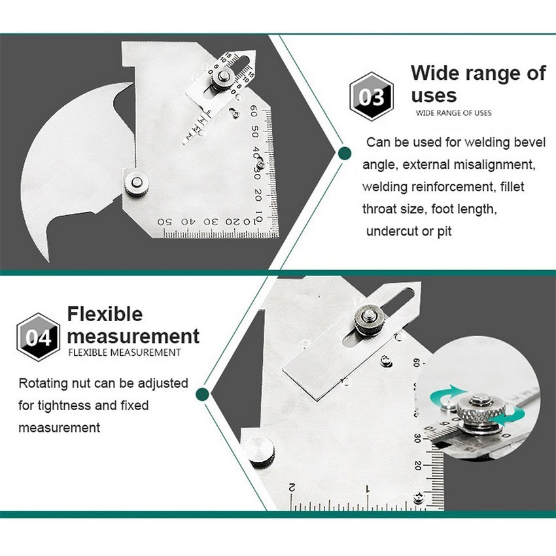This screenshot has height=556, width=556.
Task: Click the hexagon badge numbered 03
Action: click(372, 96)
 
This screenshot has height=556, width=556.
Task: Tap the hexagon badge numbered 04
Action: click(39, 338)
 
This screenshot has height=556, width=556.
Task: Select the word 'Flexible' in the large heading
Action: click(105, 314)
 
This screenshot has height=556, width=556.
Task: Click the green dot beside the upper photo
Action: click(344, 154)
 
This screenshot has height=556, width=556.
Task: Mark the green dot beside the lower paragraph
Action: click(202, 394)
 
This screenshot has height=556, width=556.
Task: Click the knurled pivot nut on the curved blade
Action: click(137, 183)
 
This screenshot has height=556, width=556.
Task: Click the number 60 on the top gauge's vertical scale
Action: click(253, 111)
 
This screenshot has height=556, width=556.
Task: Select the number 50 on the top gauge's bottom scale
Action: click(165, 222)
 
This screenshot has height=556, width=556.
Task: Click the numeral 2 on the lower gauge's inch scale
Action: click(292, 487)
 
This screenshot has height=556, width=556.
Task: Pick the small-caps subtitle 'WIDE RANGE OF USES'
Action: click(453, 113)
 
